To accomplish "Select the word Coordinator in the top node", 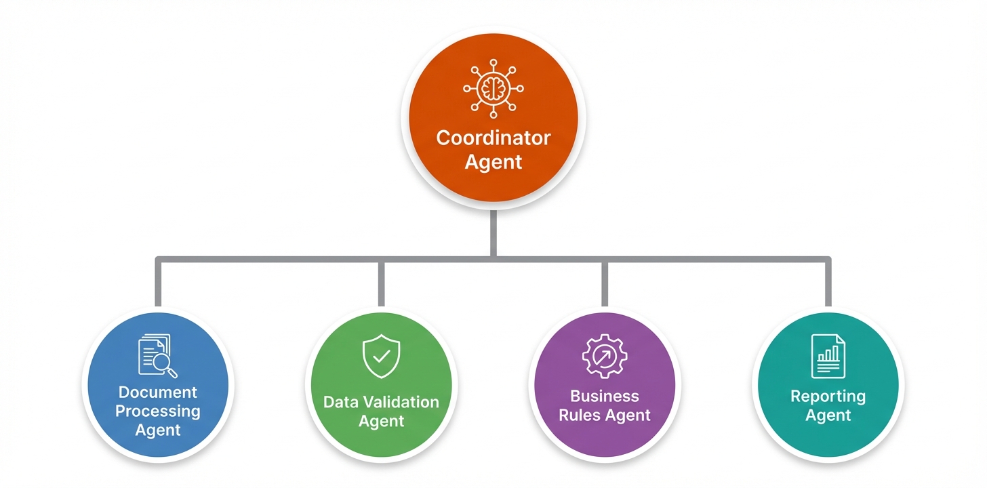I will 493,138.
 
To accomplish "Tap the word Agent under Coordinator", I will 493,163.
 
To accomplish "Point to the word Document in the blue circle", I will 158,392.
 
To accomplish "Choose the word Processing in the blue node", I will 158,411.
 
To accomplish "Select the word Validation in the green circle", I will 403,403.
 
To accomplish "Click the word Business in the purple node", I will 605,396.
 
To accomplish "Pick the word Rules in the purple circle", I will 580,415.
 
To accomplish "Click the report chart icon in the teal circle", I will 828,356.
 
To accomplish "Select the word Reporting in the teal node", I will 828,396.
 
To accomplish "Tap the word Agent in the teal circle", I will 828,415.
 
